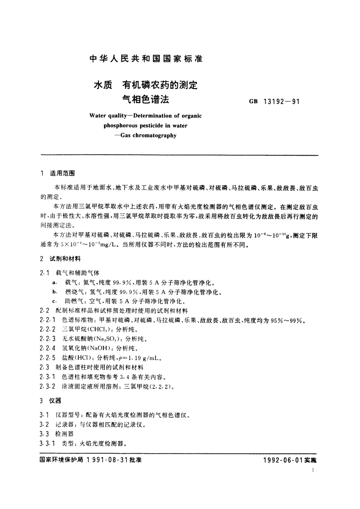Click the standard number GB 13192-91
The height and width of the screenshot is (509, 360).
click(x=274, y=102)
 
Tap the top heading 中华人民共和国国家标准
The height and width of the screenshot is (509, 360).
click(x=146, y=59)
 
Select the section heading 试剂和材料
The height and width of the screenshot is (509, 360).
click(x=65, y=259)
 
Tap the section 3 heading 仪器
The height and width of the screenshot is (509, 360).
click(x=55, y=401)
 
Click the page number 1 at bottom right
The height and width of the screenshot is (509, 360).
click(x=313, y=470)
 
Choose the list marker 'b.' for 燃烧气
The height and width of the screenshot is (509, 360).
click(x=55, y=292)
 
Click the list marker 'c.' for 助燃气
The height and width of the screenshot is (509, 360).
click(x=54, y=302)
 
